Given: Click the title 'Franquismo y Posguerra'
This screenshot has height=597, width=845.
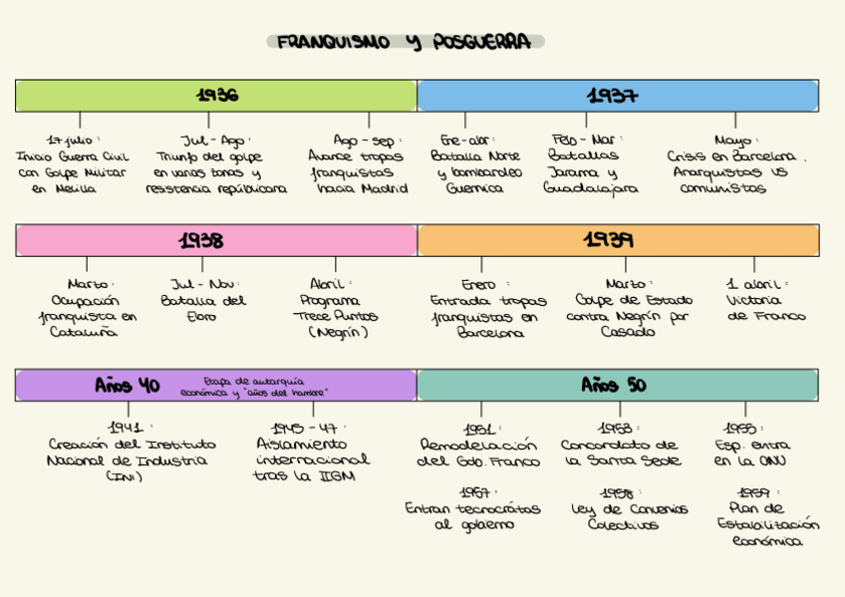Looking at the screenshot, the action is [x=405, y=42].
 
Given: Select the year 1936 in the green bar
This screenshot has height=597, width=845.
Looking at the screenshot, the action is [x=216, y=96].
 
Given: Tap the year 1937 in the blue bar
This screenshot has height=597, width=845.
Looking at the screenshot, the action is [x=612, y=96].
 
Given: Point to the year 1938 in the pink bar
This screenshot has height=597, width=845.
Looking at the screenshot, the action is [x=200, y=240].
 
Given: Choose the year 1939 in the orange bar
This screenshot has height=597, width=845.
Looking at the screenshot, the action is [x=608, y=240].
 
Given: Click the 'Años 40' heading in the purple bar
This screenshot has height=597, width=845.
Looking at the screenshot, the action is [x=128, y=385].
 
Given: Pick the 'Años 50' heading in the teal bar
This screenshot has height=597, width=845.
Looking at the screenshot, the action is [x=614, y=385].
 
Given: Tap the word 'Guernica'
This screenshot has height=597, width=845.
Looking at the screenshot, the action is [x=474, y=188].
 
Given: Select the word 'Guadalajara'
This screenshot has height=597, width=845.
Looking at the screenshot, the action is [x=591, y=188].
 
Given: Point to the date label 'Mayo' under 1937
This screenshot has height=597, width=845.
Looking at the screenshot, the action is [x=736, y=141].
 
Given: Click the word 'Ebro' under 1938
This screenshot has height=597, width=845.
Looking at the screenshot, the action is [x=201, y=317].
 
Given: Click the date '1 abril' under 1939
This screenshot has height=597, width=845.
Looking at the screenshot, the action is [x=756, y=284].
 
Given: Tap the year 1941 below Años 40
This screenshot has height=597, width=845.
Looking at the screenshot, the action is [x=128, y=428].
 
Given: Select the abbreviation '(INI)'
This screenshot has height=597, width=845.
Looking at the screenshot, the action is [x=126, y=476].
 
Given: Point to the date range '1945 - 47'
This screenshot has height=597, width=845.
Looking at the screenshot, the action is [x=303, y=428].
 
